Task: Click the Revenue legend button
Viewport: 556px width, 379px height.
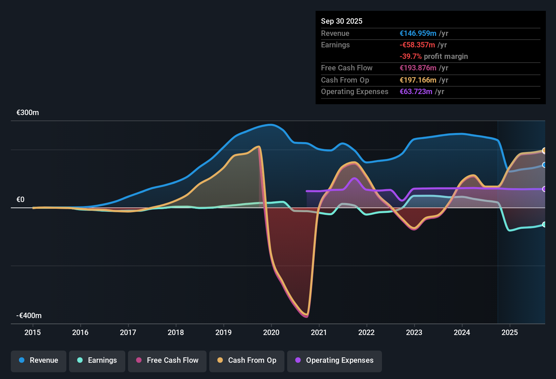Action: point(39,360)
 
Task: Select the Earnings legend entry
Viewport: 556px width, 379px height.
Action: point(97,360)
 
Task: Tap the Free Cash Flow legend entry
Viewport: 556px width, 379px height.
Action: point(167,360)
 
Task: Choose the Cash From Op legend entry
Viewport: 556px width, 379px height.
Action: point(247,360)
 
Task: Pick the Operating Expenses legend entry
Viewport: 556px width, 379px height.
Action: point(335,360)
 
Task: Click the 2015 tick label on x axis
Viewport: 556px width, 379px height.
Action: point(33,332)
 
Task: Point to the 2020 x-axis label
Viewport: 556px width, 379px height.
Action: point(271,332)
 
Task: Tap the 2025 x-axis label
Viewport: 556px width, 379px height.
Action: point(510,332)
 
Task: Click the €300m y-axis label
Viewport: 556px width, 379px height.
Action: point(28,113)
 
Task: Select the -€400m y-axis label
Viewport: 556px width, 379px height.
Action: point(29,316)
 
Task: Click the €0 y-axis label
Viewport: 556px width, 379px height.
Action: point(21,200)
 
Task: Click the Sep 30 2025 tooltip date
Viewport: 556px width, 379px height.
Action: point(342,21)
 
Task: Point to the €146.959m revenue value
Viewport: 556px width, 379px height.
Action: point(418,33)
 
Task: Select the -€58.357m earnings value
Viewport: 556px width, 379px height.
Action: point(417,45)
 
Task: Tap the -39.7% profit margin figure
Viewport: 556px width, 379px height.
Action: point(410,56)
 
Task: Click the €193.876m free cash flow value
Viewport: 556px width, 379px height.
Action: point(418,68)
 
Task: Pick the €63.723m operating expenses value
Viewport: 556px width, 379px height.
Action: point(416,91)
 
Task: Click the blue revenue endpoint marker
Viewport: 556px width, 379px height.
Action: point(544,165)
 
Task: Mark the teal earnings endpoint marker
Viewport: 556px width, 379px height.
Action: point(544,224)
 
